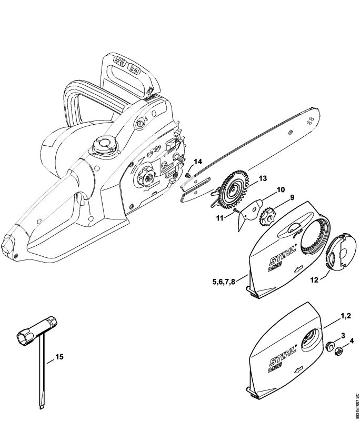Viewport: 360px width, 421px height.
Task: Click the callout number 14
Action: [x=197, y=162]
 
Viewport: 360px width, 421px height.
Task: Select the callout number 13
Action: [x=262, y=179]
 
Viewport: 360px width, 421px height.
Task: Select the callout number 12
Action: [x=314, y=280]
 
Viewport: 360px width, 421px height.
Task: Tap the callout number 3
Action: [x=343, y=335]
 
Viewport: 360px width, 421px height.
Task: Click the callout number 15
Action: [x=59, y=357]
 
